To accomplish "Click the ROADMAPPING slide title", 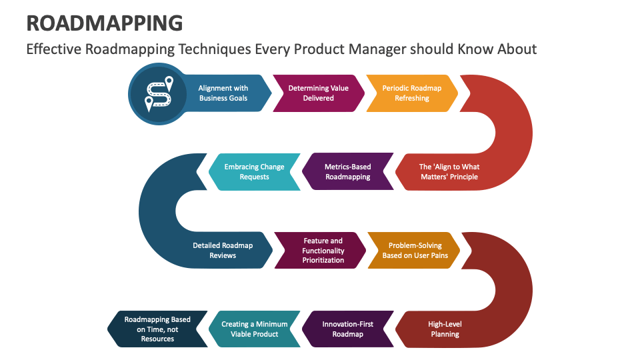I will click(104, 23).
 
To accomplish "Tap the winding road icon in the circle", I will click(158, 94).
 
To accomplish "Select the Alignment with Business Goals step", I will click(223, 93).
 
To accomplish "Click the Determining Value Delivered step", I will click(318, 93).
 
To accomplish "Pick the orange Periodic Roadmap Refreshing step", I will click(411, 93).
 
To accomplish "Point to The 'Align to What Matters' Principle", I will click(448, 172).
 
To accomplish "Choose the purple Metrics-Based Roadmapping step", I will click(347, 172).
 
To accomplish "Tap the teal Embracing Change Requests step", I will click(254, 172).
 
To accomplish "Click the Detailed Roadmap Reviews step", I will click(223, 250).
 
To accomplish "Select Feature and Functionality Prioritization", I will click(323, 250).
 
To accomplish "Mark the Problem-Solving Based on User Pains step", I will click(415, 250).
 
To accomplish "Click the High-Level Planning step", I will click(445, 329).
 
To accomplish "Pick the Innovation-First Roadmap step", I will click(347, 329).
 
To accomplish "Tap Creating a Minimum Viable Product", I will click(254, 329).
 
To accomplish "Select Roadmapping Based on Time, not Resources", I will click(157, 329).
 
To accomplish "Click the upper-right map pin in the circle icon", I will click(169, 83).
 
